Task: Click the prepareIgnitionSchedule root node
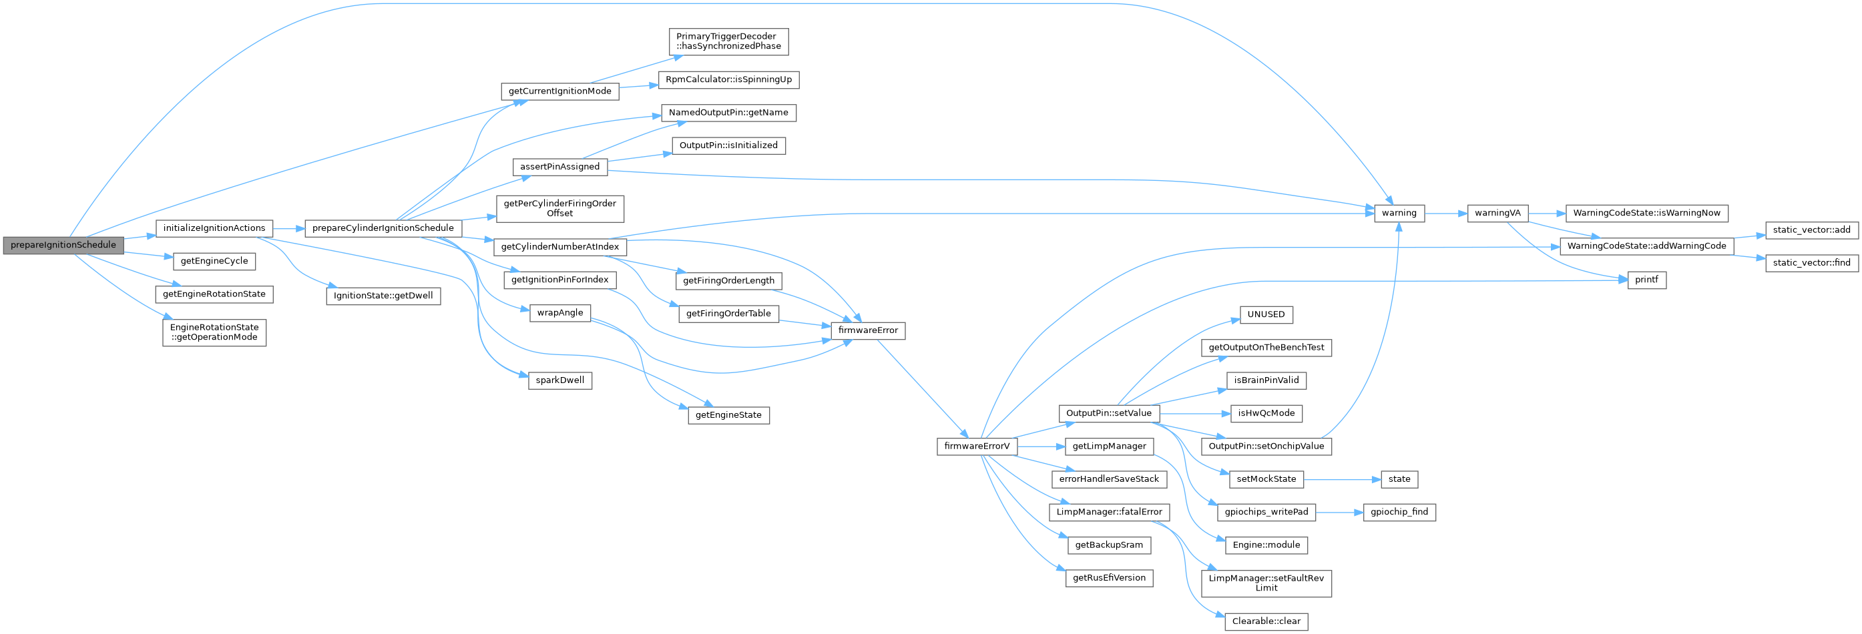coord(63,245)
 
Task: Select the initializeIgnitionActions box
coord(214,228)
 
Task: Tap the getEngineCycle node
coord(214,261)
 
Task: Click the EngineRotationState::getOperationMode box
coord(214,332)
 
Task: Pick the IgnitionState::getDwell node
coord(383,296)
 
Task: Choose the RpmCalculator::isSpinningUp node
coord(728,79)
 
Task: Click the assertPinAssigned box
coord(559,167)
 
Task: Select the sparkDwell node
coord(559,380)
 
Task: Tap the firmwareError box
coord(867,330)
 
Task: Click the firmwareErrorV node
coord(977,446)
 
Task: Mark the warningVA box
coord(1497,214)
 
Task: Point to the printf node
coord(1646,280)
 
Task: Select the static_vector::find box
coord(1811,263)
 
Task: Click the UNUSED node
coord(1266,314)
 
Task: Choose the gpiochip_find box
coord(1399,512)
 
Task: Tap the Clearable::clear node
coord(1266,621)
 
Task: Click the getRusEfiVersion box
coord(1109,578)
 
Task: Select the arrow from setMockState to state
coord(1341,479)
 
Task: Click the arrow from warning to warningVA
coord(1445,214)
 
